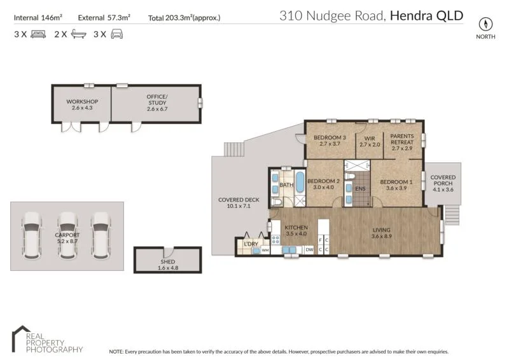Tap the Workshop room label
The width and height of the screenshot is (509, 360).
(x=82, y=105)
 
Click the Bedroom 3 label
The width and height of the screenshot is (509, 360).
(x=330, y=141)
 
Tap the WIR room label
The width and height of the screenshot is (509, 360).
(x=369, y=141)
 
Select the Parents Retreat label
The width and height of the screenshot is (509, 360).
(x=402, y=141)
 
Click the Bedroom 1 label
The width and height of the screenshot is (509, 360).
(x=396, y=184)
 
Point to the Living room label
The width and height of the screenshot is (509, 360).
(x=382, y=233)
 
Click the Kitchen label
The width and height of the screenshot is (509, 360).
(x=296, y=231)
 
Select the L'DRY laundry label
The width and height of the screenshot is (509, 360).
(x=250, y=244)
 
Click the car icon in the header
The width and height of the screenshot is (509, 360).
(x=116, y=34)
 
